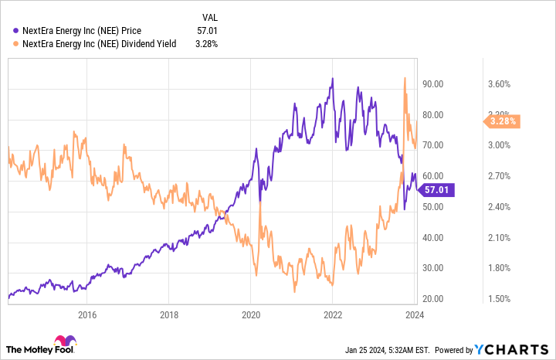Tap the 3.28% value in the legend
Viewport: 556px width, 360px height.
(205, 43)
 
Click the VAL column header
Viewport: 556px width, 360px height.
(209, 15)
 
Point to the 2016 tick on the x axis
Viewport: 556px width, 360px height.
(86, 314)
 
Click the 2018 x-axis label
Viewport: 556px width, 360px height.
(169, 314)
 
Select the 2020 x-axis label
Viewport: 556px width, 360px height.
(251, 314)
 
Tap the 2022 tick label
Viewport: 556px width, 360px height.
(333, 314)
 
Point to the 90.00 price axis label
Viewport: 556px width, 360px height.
(442, 83)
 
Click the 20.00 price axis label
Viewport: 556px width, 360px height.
(442, 299)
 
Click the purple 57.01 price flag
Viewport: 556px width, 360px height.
(439, 189)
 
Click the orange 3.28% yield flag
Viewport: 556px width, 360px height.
(503, 121)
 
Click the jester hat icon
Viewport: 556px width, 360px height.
(64, 342)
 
